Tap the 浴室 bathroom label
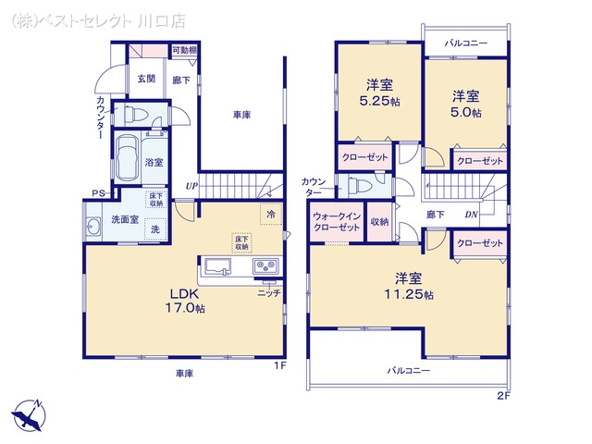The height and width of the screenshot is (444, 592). pyautogui.click(x=154, y=162)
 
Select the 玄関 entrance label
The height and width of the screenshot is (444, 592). pyautogui.click(x=147, y=80)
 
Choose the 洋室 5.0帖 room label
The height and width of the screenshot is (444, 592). pyautogui.click(x=466, y=104)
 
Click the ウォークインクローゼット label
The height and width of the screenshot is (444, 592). pyautogui.click(x=337, y=221)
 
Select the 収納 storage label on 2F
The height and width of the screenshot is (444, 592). pyautogui.click(x=379, y=222)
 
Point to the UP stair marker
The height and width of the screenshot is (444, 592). pyautogui.click(x=191, y=186)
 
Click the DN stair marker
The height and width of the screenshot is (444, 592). pyautogui.click(x=471, y=215)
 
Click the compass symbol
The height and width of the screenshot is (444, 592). pyautogui.click(x=29, y=413)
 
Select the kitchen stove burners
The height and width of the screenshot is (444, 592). pyautogui.click(x=265, y=268)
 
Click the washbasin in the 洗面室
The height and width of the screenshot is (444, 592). pyautogui.click(x=92, y=228)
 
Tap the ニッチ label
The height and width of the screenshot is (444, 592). pyautogui.click(x=268, y=292)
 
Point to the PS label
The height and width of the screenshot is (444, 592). pyautogui.click(x=96, y=193)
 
